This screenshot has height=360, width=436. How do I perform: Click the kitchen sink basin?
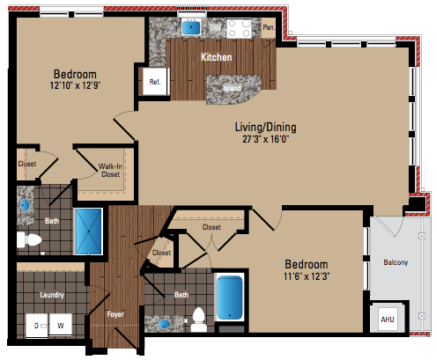[191, 28]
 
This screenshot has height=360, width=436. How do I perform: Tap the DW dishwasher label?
[215, 28]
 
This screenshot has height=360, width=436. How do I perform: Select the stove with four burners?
[239, 28]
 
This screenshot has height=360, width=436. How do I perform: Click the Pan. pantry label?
[269, 27]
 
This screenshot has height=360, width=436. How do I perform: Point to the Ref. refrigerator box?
[155, 82]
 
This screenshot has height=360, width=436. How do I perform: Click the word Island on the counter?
[232, 88]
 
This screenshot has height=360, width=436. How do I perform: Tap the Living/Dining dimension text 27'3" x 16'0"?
[266, 139]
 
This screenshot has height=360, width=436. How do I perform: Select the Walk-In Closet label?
[110, 171]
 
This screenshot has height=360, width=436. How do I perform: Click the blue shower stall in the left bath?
[89, 231]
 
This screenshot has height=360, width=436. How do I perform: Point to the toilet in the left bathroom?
[29, 239]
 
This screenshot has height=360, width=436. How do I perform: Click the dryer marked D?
[37, 326]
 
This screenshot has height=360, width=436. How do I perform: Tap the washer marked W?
[61, 326]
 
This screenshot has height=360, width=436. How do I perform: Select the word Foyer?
[115, 314]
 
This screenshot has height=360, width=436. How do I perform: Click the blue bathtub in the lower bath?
[230, 298]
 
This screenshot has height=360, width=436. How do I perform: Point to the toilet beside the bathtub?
[198, 320]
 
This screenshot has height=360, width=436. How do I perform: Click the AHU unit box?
[388, 320]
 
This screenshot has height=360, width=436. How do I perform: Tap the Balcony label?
[395, 262]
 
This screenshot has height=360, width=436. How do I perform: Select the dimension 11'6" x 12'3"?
[307, 276]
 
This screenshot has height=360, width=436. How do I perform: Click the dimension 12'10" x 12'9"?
[75, 85]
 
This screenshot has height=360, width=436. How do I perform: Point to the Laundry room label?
[52, 295]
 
